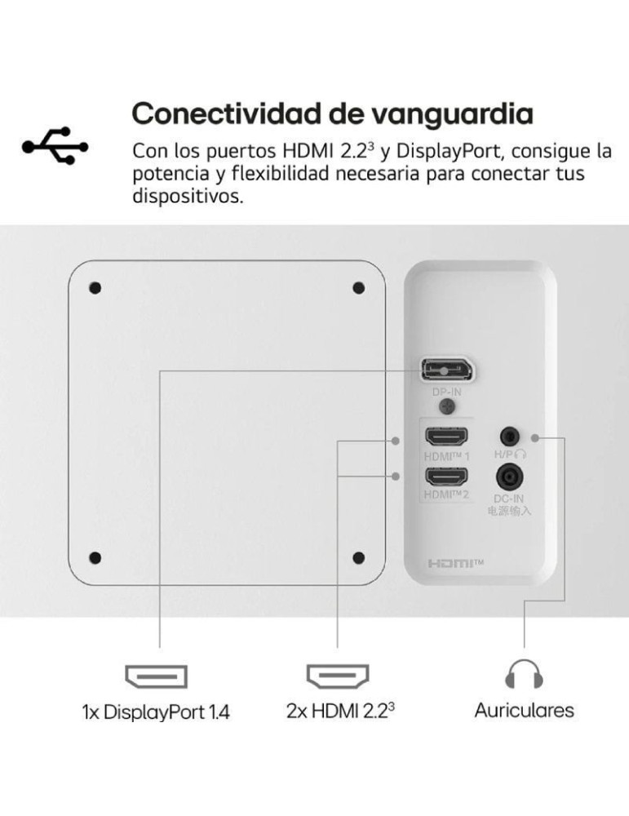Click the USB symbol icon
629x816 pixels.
55,146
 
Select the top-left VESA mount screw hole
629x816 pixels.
95,288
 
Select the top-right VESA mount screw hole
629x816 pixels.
358,288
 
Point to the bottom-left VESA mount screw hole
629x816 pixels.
95,558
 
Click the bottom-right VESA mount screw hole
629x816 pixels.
358,558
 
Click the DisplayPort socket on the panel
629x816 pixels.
447,370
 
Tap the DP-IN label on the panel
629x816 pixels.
447,392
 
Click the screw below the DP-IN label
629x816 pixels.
447,406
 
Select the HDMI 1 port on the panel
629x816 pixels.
446,436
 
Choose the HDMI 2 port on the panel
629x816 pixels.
446,476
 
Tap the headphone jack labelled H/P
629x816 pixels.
509,436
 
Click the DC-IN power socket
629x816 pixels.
509,477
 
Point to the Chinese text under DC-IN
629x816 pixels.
509,511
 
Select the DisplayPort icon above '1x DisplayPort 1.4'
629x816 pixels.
156,676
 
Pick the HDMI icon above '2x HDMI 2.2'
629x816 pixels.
338,676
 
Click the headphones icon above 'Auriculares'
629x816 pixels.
524,674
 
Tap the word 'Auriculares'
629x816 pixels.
524,711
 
